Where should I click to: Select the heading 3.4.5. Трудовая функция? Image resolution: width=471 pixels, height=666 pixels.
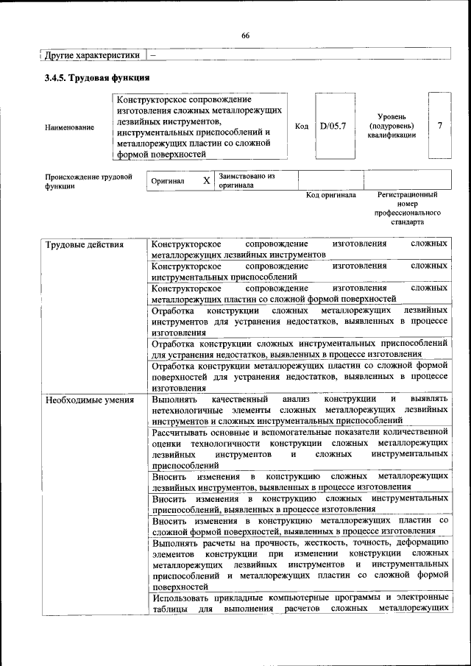tap(97, 77)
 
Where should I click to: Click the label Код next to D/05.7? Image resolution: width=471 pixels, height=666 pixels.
tap(302, 126)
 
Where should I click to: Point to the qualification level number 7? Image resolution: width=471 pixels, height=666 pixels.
tap(439, 126)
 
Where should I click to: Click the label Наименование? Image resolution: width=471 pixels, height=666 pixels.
tap(70, 127)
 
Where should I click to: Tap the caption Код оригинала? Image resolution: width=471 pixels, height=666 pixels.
tap(331, 195)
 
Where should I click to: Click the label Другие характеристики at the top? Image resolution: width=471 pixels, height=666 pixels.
tap(91, 55)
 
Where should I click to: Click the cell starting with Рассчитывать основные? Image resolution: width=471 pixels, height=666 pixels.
tap(300, 448)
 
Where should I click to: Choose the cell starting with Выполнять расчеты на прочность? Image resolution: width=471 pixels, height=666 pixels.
tap(300, 566)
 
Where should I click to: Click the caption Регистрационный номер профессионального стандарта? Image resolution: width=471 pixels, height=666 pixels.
tap(407, 208)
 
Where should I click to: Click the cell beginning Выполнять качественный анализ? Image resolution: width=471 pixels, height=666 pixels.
tap(300, 409)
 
